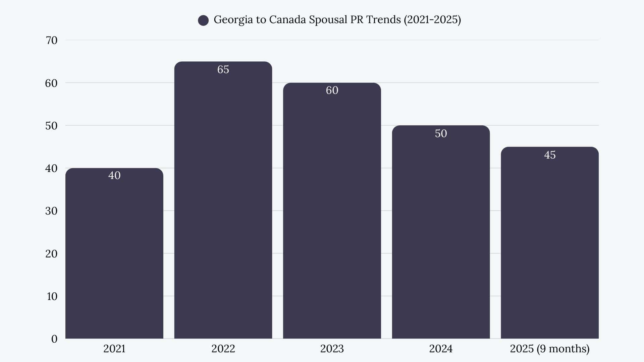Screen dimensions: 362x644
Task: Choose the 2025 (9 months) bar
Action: pos(549,245)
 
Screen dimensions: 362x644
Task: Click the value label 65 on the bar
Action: pos(223,69)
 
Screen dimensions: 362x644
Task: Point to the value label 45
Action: pos(549,155)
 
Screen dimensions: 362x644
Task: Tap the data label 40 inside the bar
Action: pos(114,175)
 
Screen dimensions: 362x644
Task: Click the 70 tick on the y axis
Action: pos(51,40)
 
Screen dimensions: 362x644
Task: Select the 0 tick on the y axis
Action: pos(54,339)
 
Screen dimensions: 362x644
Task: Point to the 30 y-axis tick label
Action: pos(51,211)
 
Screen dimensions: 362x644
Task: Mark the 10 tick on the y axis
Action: pos(52,296)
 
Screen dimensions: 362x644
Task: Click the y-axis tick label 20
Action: pos(51,254)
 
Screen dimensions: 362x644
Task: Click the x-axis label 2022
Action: pos(223,349)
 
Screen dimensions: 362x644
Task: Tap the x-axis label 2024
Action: pos(441,349)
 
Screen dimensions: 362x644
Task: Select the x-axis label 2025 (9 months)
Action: pos(549,349)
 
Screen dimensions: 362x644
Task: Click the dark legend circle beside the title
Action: pos(203,20)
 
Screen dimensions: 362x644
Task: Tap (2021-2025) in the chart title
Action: pos(432,20)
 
